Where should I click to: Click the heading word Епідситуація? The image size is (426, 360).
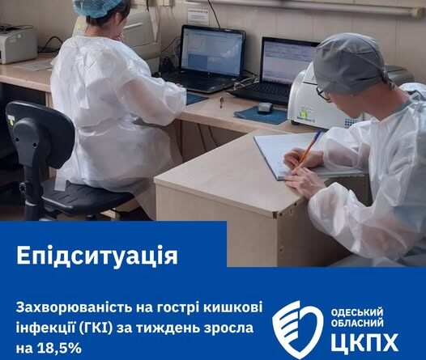point(97,256)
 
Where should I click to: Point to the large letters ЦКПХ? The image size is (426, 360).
point(364,342)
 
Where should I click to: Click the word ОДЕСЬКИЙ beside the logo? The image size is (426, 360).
point(356,313)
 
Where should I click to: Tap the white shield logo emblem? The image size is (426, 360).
point(297,329)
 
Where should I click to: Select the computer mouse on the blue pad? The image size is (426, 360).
point(265,108)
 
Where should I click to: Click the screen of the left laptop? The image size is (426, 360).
point(211,52)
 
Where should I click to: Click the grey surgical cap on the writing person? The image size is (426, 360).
point(351,63)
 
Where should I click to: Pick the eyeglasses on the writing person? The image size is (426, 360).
point(323,93)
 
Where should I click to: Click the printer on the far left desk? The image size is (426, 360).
point(17,44)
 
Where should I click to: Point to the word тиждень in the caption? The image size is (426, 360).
point(165,328)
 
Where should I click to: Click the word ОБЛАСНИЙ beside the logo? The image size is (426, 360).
point(357,323)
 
